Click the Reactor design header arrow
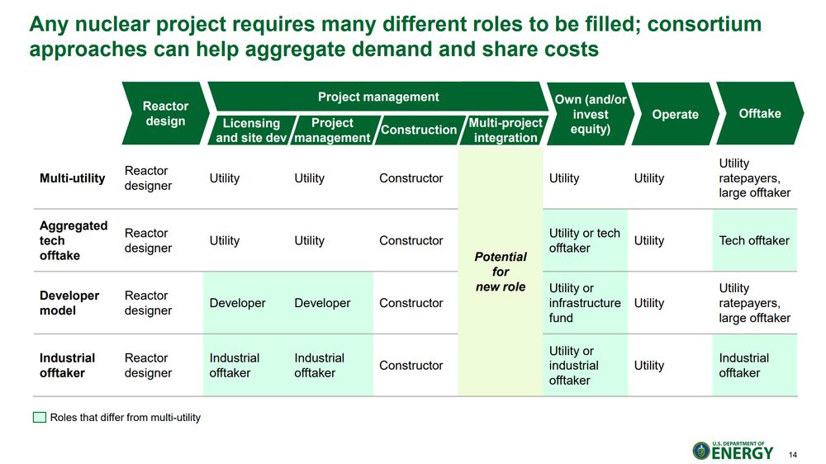click(x=165, y=113)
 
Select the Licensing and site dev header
click(x=252, y=130)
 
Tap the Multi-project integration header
click(x=505, y=130)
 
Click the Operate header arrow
click(x=675, y=114)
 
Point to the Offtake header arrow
click(x=760, y=113)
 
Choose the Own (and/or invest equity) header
click(x=590, y=114)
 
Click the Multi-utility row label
click(x=72, y=178)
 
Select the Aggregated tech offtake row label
click(x=74, y=240)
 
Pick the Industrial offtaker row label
click(x=67, y=365)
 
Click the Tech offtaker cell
click(x=754, y=240)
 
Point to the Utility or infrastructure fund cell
click(x=585, y=303)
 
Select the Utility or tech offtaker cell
click(x=584, y=240)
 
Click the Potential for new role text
click(x=501, y=272)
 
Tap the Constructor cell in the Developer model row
click(x=411, y=303)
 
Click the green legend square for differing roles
click(x=40, y=417)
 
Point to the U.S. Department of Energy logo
click(x=733, y=450)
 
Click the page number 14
click(x=793, y=455)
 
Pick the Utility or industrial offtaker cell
click(x=574, y=365)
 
